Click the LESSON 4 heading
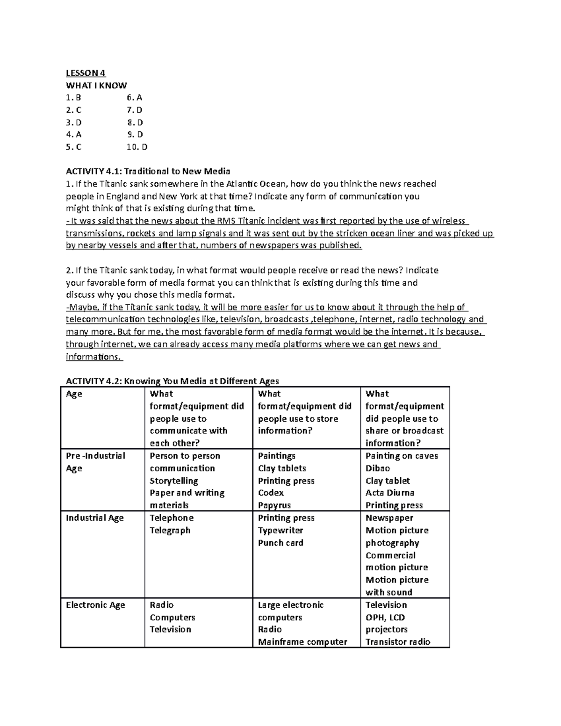[86, 73]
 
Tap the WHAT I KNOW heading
[96, 86]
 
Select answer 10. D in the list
[137, 147]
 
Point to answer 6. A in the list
[134, 98]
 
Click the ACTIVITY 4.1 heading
[148, 171]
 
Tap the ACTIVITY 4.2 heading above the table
[172, 381]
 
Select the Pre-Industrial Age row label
[95, 462]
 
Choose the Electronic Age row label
[95, 605]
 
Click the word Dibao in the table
[377, 468]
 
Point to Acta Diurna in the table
[389, 493]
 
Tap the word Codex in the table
[271, 493]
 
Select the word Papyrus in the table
[274, 505]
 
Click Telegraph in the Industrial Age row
[170, 531]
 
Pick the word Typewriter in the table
[280, 531]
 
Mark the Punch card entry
[280, 543]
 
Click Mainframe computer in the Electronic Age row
[302, 642]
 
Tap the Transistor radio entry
[397, 642]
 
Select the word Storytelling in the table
[173, 481]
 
